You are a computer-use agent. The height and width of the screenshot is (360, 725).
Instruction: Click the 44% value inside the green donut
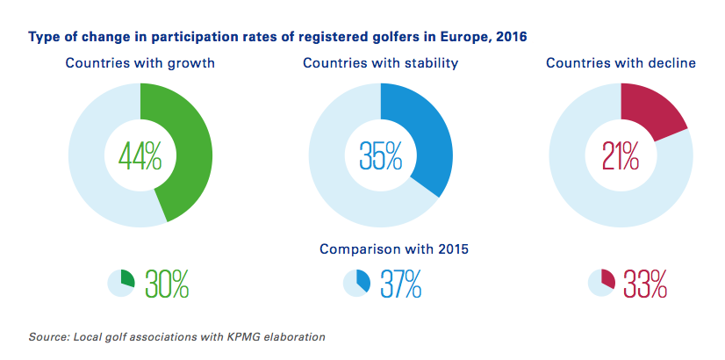click(x=140, y=156)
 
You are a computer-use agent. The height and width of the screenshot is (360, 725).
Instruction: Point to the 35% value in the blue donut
click(x=380, y=156)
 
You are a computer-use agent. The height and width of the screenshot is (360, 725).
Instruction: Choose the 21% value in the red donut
click(x=621, y=156)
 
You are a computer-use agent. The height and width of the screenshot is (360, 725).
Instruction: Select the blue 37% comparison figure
click(x=401, y=284)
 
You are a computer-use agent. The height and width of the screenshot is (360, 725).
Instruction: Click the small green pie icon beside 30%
click(x=121, y=282)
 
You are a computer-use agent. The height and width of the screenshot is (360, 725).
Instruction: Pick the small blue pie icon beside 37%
click(x=356, y=282)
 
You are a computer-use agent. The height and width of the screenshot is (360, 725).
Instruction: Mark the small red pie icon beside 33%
click(x=601, y=282)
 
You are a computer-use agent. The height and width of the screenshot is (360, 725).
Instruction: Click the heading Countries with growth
click(x=140, y=63)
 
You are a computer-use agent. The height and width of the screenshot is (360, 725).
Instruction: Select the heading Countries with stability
click(x=380, y=63)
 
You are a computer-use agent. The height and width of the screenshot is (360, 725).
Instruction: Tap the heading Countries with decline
click(x=621, y=63)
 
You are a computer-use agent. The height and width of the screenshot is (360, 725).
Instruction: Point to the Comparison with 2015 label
click(x=393, y=248)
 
